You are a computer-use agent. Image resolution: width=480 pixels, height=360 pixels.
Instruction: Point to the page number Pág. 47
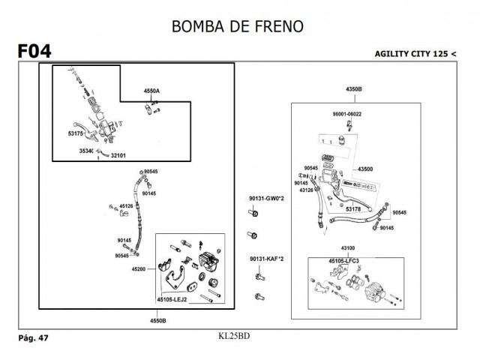click(x=33, y=338)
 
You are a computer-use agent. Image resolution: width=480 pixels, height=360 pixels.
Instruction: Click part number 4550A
click(x=151, y=91)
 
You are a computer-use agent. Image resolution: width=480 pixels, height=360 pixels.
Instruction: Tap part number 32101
click(x=118, y=155)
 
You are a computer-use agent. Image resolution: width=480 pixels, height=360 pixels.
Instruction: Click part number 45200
click(x=140, y=267)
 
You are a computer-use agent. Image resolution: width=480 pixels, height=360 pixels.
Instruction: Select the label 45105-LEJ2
click(x=172, y=299)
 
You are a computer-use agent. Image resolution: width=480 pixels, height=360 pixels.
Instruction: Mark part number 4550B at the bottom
click(x=157, y=320)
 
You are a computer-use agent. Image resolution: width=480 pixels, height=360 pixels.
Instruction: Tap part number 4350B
click(x=354, y=89)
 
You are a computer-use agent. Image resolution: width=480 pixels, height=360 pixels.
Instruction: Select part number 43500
click(x=366, y=169)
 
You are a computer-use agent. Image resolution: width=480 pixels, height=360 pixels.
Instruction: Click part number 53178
click(x=353, y=209)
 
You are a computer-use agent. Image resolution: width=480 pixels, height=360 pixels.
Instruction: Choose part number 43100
click(x=349, y=247)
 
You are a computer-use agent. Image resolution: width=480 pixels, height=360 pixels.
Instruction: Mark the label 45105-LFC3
click(x=343, y=260)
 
